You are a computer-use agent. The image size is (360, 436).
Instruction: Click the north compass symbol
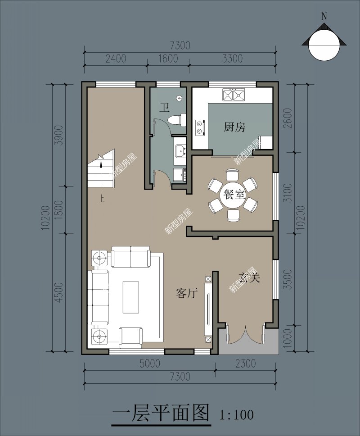(x=324, y=44)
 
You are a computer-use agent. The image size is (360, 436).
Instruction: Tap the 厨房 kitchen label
(x=235, y=127)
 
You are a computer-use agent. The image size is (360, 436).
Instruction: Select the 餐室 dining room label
(x=234, y=195)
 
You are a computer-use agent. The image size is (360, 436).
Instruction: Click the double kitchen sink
(x=234, y=95)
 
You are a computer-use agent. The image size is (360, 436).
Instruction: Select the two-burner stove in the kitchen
(x=199, y=127)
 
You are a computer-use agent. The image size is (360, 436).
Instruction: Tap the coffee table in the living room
(x=131, y=297)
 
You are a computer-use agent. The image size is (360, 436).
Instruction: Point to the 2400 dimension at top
(x=116, y=59)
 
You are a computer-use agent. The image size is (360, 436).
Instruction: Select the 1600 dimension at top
(x=168, y=59)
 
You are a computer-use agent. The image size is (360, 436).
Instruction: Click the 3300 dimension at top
(x=232, y=59)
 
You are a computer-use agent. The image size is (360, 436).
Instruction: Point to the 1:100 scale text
(x=236, y=414)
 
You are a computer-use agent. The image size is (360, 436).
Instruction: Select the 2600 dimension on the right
(x=288, y=119)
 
